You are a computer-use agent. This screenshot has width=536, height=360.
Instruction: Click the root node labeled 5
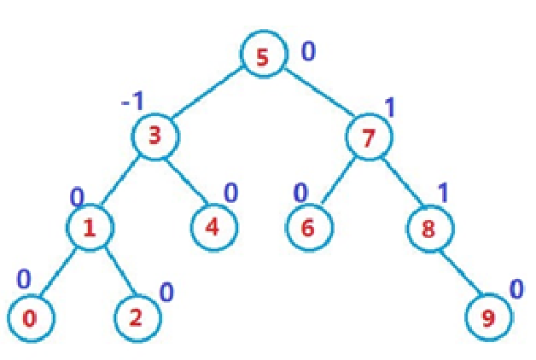pyautogui.click(x=261, y=56)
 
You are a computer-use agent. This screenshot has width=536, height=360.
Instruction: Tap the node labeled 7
pyautogui.click(x=369, y=137)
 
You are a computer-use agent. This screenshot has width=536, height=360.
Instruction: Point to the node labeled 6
pyautogui.click(x=308, y=228)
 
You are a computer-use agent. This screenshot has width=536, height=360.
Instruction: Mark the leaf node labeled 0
pyautogui.click(x=30, y=319)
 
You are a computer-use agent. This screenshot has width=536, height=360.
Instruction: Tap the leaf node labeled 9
pyautogui.click(x=489, y=319)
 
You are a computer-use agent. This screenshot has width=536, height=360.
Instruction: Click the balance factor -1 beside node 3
pyautogui.click(x=132, y=102)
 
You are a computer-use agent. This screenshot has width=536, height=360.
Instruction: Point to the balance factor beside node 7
pyautogui.click(x=390, y=107)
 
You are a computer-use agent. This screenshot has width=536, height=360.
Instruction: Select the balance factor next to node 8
pyautogui.click(x=444, y=194)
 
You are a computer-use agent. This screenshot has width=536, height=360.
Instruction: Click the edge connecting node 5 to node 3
pyautogui.click(x=207, y=96)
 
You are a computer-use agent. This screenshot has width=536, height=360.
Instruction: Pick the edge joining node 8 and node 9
pyautogui.click(x=459, y=273)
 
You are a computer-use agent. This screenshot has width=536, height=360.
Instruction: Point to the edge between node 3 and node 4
pyautogui.click(x=184, y=182)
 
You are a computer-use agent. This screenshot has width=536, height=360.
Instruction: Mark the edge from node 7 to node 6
pyautogui.click(x=338, y=182)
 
